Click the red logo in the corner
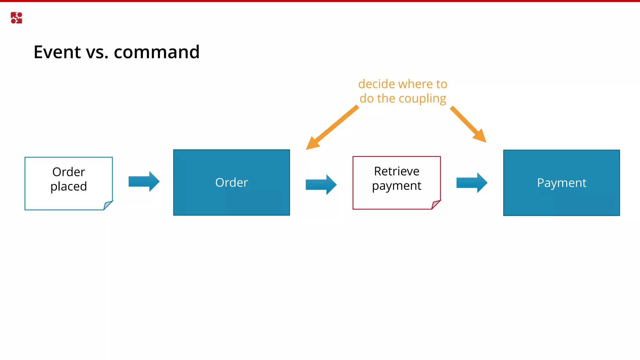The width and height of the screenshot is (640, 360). pyautogui.click(x=16, y=18)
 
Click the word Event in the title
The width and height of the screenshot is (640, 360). pyautogui.click(x=57, y=52)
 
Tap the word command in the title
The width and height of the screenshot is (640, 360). pyautogui.click(x=157, y=52)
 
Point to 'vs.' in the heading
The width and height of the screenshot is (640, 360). pyautogui.click(x=97, y=52)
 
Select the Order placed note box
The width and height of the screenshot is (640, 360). pyautogui.click(x=68, y=183)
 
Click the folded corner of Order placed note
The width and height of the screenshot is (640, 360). pyautogui.click(x=107, y=205)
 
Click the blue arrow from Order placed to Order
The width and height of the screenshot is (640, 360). pyautogui.click(x=144, y=182)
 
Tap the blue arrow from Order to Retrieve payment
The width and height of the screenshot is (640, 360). pyautogui.click(x=321, y=185)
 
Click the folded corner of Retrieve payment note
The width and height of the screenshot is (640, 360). pyautogui.click(x=436, y=205)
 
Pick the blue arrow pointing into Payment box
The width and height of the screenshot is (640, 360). pyautogui.click(x=472, y=183)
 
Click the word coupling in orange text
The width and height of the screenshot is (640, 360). pyautogui.click(x=422, y=99)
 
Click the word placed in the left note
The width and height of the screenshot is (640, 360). pyautogui.click(x=69, y=187)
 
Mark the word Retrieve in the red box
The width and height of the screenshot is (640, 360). pyautogui.click(x=397, y=171)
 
